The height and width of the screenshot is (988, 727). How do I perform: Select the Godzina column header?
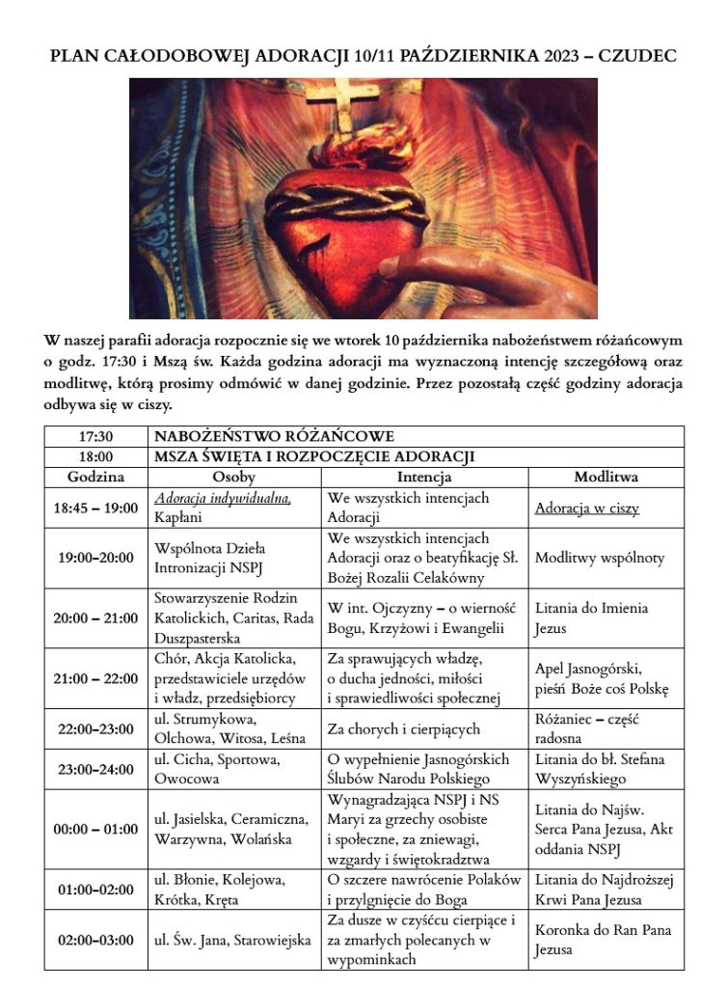point(96,477)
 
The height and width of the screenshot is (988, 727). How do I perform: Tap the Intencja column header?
point(424,477)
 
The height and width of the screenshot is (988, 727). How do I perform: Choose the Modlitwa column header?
point(606,477)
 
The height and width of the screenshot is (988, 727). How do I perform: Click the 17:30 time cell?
point(96,436)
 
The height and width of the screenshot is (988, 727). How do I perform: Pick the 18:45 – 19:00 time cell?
point(96,508)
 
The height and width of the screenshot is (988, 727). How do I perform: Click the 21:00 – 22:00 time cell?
point(96,678)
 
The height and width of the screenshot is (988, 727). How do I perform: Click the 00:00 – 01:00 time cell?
point(96,830)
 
